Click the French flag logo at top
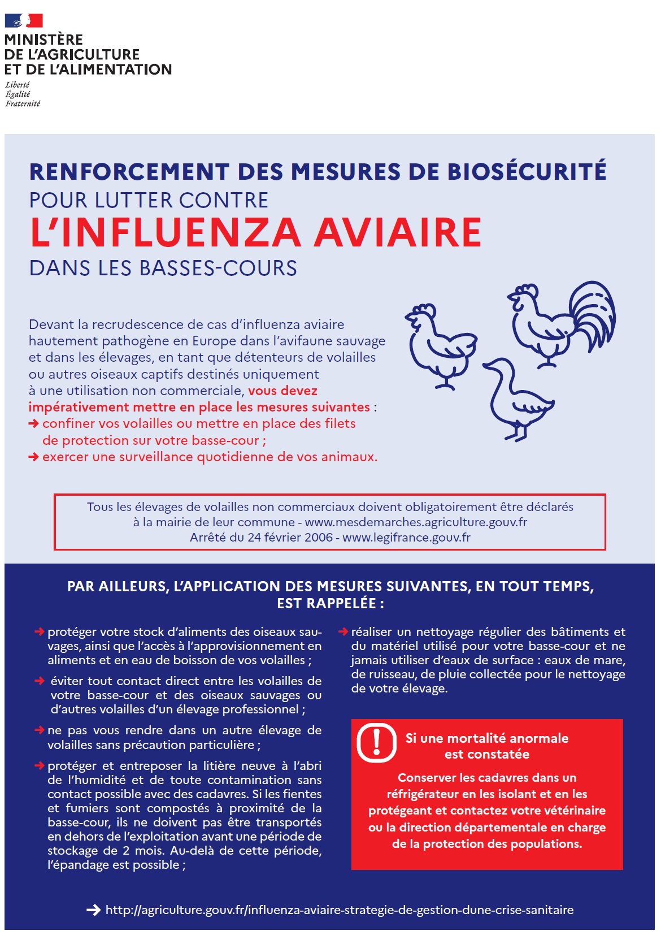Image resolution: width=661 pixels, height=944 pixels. click(x=24, y=21)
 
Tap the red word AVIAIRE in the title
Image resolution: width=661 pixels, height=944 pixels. click(x=398, y=232)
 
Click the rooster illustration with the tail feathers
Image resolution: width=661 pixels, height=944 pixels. click(x=562, y=322)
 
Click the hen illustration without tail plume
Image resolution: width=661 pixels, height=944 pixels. click(x=440, y=345)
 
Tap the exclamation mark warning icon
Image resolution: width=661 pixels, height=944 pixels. click(x=377, y=742)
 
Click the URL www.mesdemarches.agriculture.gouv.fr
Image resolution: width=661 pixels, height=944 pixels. click(x=416, y=522)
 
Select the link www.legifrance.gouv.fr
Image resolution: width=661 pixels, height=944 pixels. click(x=406, y=537)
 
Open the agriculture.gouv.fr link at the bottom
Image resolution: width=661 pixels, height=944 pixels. click(x=339, y=910)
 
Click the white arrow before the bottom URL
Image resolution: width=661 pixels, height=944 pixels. click(x=93, y=910)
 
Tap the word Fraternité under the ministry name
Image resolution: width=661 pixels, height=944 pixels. click(x=23, y=104)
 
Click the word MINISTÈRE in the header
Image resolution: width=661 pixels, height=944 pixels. click(x=44, y=40)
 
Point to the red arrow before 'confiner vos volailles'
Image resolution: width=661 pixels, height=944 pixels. click(x=34, y=423)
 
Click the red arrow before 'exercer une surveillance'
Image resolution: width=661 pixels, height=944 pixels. click(x=34, y=457)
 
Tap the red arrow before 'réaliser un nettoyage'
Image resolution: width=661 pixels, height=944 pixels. click(x=343, y=631)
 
